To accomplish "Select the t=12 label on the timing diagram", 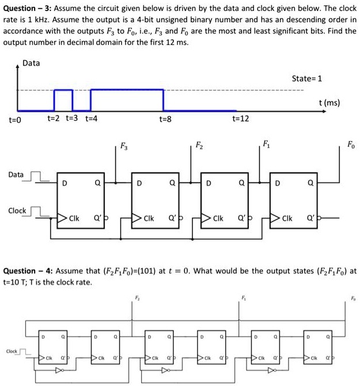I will pyautogui.click(x=240, y=119).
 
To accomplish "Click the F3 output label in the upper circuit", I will pyautogui.click(x=124, y=146).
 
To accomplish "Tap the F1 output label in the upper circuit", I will pyautogui.click(x=266, y=143).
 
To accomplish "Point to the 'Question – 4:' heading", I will pyautogui.click(x=26, y=271).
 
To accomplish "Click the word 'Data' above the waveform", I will pyautogui.click(x=31, y=63).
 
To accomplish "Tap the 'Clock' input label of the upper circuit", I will pyautogui.click(x=17, y=211).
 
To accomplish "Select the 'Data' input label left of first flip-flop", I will pyautogui.click(x=16, y=174).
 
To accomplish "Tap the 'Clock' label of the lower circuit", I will pyautogui.click(x=12, y=351).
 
